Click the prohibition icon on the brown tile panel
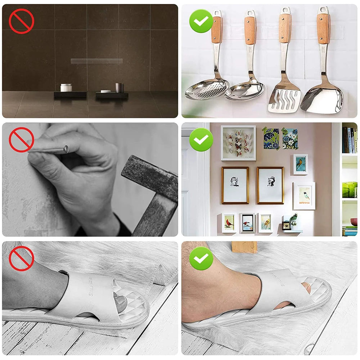pos(21,21)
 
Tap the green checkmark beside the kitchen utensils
pos(201,21)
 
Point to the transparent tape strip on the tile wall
pos(96,61)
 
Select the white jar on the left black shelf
pos(66,87)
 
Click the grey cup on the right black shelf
pos(120,87)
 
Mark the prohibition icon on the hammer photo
pos(21,140)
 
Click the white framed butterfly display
pos(238,143)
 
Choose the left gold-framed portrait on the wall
pos(235,185)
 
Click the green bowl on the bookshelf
pos(350,189)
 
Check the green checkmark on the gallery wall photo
pos(201,139)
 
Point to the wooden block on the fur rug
pos(244,247)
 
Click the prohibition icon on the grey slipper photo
pos(21,258)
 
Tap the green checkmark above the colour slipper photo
pos(201,258)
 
